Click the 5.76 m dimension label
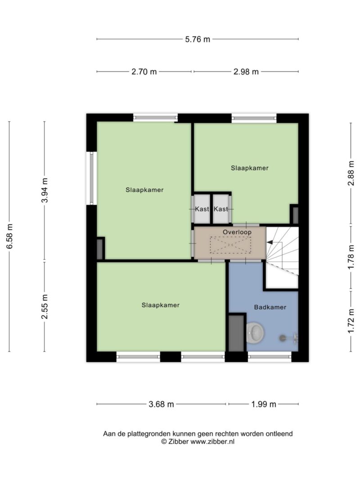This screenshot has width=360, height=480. pos(198,39)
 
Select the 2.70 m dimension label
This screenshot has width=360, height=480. pos(144,72)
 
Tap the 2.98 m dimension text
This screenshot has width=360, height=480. pos(246,72)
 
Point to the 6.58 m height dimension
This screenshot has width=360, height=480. pos(9,236)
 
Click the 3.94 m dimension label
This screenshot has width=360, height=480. pos(45,190)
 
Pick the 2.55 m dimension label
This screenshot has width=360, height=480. pos(45,306)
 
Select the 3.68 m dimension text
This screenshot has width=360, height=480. pos(161,404)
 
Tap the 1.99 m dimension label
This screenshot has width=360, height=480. pos(264,404)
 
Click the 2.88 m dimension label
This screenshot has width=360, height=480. pos(351,173)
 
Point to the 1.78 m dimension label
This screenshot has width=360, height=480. pos(351,257)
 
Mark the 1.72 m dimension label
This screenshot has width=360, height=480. pos(351,321)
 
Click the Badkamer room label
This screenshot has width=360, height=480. pos(270,307)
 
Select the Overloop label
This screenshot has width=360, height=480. pos(237,232)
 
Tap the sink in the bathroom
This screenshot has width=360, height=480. pos(255,332)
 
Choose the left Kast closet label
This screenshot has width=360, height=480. pos(202,209)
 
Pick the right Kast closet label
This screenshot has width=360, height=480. pos(220,209)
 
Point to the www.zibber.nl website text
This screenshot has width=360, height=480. pos(212,441)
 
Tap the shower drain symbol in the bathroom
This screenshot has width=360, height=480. pos(282,338)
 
